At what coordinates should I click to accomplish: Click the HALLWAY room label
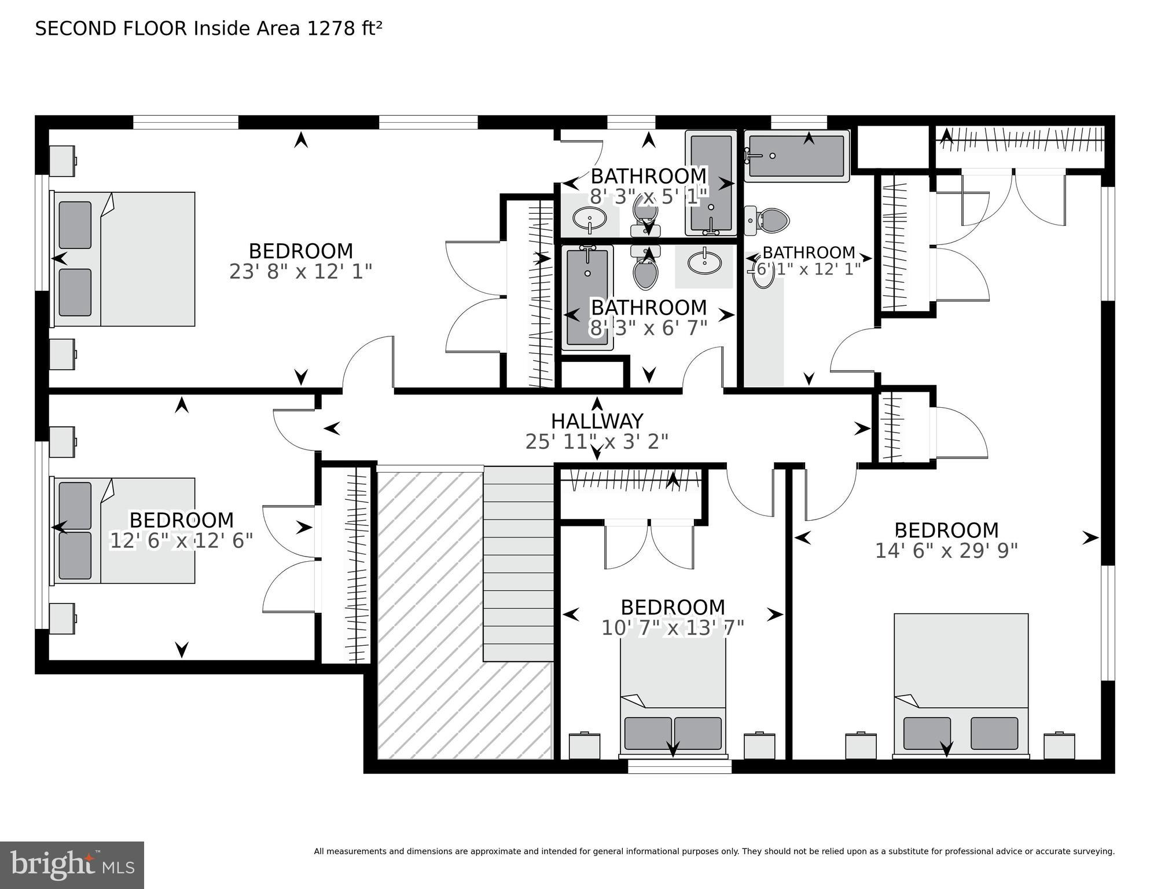[597, 420]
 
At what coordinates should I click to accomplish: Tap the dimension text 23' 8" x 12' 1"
[300, 272]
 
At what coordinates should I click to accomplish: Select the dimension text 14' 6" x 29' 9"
[946, 551]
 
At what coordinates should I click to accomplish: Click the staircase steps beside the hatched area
[518, 565]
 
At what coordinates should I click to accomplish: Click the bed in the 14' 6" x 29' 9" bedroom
[961, 686]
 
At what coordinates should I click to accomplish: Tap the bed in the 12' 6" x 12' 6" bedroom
[124, 531]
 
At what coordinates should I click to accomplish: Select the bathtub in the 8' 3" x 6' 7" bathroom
[587, 297]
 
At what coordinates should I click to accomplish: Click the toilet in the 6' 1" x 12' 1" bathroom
[770, 221]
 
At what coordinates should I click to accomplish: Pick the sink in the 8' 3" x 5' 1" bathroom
[589, 219]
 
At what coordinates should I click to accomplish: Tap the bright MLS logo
[72, 865]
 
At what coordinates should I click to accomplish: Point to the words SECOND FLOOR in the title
[111, 28]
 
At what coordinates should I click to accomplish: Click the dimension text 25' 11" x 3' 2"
[597, 442]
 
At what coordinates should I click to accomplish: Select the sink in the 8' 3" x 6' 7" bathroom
[704, 263]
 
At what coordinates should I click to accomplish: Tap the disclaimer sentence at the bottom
[714, 851]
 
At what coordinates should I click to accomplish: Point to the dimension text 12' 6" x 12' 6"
[182, 541]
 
